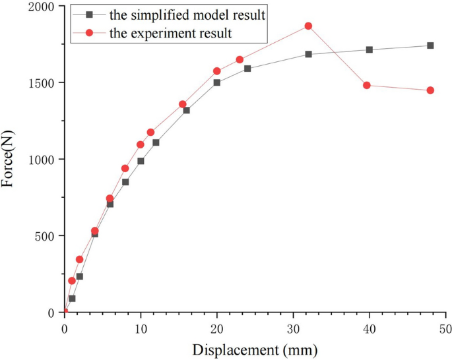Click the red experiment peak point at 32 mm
[308, 26]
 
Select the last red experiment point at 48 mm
[430, 90]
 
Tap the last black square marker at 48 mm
[430, 45]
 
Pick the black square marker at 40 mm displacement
[369, 49]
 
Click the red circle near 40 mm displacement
[366, 85]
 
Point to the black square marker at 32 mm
[308, 54]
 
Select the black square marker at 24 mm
[247, 69]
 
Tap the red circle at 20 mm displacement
[217, 71]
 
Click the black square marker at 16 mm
[186, 110]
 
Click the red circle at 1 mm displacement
[72, 281]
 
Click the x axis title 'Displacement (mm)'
[255, 348]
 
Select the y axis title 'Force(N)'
[9, 160]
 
